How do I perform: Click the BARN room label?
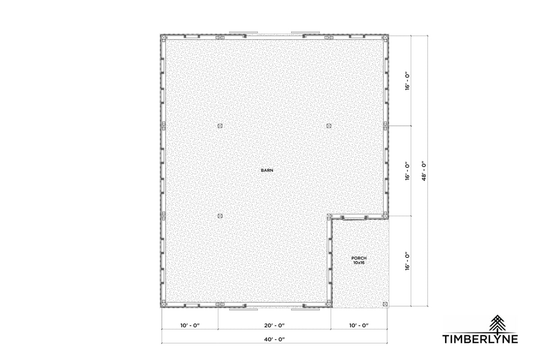(267, 170)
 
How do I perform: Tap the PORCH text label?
(359, 258)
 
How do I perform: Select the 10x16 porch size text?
(359, 263)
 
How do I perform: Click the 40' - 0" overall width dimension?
(274, 339)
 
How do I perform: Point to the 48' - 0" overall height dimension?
(424, 171)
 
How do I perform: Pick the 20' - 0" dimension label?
(274, 325)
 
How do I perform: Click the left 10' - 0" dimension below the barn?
(190, 325)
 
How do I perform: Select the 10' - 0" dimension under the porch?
(359, 325)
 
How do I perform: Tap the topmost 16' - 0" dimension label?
(407, 81)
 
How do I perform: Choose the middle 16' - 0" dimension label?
(407, 171)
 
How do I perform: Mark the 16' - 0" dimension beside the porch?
(407, 261)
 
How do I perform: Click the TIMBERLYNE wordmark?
(480, 339)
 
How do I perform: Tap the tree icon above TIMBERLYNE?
(497, 324)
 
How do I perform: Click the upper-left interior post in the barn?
(220, 126)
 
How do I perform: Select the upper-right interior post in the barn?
(329, 126)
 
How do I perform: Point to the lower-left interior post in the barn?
(220, 216)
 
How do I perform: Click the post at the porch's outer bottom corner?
(385, 304)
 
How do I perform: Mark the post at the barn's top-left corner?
(164, 38)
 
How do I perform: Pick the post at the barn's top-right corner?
(385, 38)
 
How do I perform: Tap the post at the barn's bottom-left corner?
(164, 304)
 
